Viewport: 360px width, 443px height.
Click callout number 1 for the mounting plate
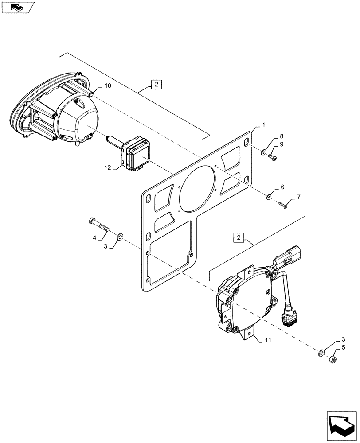pyautogui.click(x=263, y=125)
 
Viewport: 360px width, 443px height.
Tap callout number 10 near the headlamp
pyautogui.click(x=108, y=85)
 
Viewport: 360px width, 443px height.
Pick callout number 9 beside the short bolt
pyautogui.click(x=281, y=144)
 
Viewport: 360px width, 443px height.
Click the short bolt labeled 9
pyautogui.click(x=272, y=158)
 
